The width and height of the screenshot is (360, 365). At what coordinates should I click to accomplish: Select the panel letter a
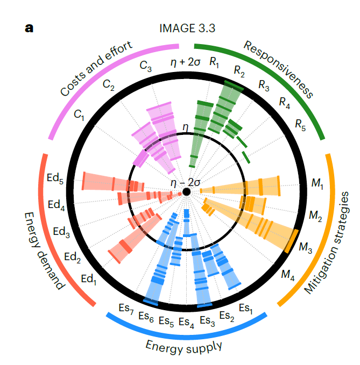pos(29,27)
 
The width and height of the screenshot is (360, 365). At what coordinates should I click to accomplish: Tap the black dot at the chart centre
pos(186,192)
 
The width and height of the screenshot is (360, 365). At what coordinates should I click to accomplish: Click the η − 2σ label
pos(185,182)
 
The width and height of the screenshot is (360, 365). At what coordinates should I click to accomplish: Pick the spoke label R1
pos(215,63)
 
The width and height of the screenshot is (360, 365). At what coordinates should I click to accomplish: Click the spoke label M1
pos(317,184)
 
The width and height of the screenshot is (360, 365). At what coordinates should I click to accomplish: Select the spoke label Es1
pos(245,308)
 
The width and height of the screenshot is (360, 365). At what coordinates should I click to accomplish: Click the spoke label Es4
pos(186,322)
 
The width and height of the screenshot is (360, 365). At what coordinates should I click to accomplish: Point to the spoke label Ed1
pos(88,279)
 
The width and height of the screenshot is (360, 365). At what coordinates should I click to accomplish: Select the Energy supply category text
pos(184,345)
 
